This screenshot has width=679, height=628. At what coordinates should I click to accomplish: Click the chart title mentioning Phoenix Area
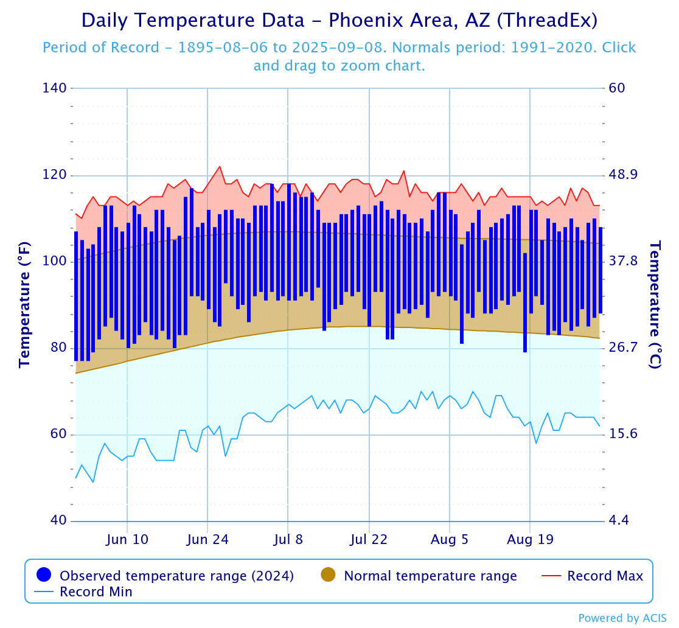click(340, 21)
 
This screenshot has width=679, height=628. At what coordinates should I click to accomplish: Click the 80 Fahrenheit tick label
click(55, 348)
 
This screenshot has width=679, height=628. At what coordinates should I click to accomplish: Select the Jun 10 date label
click(127, 540)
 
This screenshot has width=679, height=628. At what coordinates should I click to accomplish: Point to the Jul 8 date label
click(288, 540)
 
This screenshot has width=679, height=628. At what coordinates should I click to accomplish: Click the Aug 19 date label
click(530, 540)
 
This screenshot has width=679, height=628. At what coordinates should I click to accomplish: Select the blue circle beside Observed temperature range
click(43, 574)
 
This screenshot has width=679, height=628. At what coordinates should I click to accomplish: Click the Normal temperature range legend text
click(430, 576)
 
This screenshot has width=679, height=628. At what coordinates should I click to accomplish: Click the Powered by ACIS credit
click(622, 618)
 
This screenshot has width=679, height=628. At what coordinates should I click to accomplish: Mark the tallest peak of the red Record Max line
click(220, 167)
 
